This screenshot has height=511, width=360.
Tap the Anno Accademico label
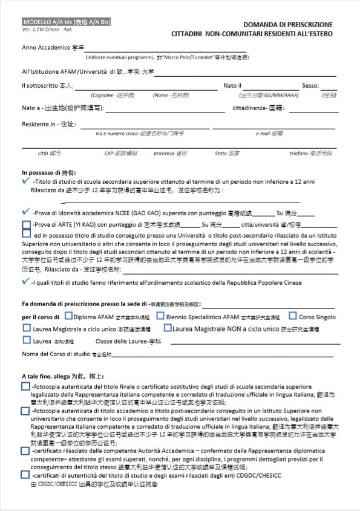[x=53, y=47]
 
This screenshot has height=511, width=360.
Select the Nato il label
[x=232, y=86]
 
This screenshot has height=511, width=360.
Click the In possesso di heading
[x=49, y=172]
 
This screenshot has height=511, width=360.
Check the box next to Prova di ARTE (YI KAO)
[x=26, y=225]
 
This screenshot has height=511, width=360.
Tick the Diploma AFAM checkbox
[x=68, y=316]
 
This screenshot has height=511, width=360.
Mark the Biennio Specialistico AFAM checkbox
[x=160, y=316]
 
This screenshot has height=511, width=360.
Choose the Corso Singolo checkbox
[x=293, y=316]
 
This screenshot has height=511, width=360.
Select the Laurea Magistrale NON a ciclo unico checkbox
[x=168, y=328]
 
